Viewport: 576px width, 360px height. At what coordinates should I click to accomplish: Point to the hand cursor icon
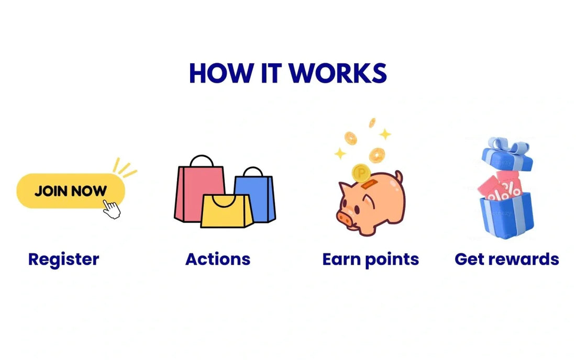112,208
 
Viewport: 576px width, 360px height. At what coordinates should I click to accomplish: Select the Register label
63,258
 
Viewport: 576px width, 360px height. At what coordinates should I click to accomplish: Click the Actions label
218,258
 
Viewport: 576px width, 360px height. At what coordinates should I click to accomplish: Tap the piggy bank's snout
345,216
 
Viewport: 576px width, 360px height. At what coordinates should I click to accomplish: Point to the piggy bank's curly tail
399,176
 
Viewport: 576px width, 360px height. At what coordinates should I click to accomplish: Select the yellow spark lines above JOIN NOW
124,166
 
